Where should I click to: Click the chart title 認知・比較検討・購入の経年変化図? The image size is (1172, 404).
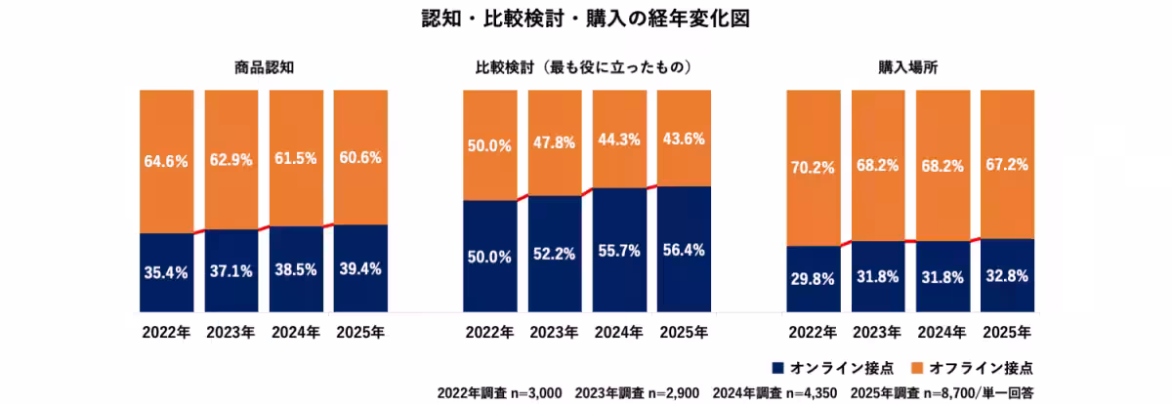point(584,20)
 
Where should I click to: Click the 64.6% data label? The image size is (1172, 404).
point(166,161)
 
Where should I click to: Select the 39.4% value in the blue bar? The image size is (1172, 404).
point(360,269)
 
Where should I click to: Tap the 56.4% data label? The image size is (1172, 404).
point(684,250)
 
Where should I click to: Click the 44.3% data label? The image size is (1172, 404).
point(619,140)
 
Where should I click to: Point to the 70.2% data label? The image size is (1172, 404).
point(813,167)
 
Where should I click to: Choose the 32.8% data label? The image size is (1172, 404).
point(1007,276)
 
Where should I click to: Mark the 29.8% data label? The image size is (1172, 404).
point(813,278)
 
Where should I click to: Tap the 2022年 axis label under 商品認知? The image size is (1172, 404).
point(166,332)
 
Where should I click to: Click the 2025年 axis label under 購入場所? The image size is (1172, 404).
point(1007,332)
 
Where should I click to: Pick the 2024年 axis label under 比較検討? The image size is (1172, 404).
point(619,332)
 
